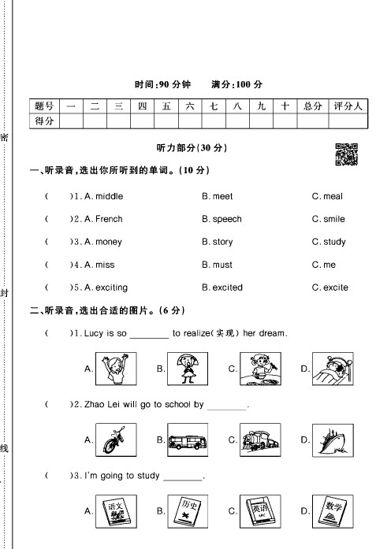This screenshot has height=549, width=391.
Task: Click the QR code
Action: [347, 154]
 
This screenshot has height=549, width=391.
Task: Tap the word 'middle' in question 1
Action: [109, 196]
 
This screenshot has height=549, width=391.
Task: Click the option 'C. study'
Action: [329, 242]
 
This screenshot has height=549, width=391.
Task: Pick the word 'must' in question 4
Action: [222, 265]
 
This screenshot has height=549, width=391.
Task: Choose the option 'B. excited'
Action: [222, 287]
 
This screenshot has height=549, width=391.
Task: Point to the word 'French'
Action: [109, 219]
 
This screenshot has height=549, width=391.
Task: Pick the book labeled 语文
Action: [116, 511]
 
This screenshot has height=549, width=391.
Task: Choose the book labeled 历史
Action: [188, 511]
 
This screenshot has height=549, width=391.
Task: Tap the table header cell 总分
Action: [313, 106]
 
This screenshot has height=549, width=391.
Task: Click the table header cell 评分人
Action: [348, 106]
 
